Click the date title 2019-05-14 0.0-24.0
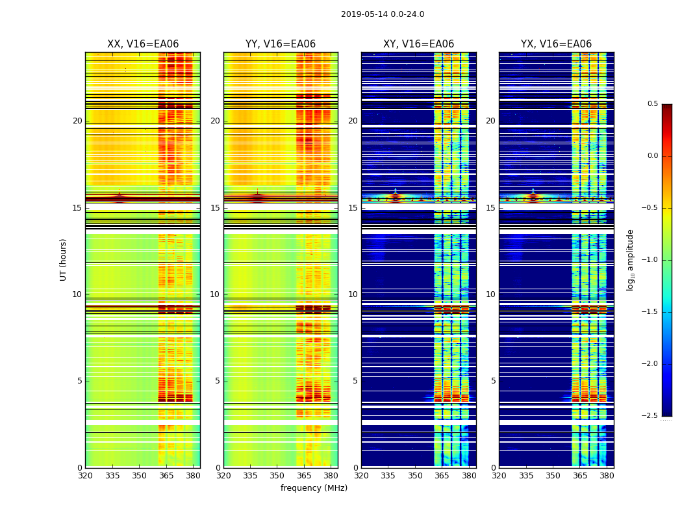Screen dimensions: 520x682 (x=383, y=14)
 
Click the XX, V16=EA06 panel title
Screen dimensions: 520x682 (x=143, y=44)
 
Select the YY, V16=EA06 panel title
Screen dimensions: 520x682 (x=281, y=44)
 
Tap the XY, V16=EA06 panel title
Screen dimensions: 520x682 (x=418, y=44)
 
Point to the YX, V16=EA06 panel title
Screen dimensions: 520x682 (x=556, y=44)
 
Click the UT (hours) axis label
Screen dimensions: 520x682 (x=63, y=259)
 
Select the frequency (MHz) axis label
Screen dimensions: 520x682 (x=314, y=488)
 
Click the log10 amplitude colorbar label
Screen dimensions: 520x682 (x=630, y=259)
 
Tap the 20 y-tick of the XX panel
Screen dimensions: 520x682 (x=78, y=121)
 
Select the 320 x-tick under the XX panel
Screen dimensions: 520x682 (x=85, y=475)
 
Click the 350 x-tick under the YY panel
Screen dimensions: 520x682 (x=277, y=475)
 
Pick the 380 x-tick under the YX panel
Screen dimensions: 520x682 (x=607, y=475)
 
